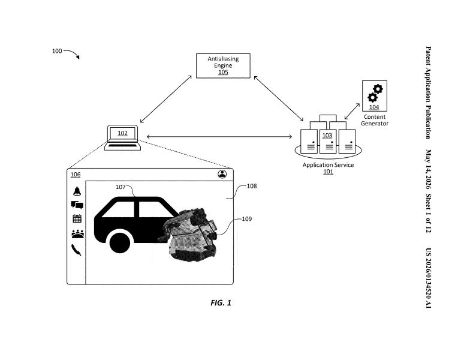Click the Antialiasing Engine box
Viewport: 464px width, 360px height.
click(223, 66)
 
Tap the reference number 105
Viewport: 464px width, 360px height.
click(223, 72)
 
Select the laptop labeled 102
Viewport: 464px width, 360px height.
click(122, 137)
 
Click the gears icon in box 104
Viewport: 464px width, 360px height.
click(375, 93)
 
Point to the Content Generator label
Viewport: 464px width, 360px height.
click(374, 120)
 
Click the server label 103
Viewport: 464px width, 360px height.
click(327, 135)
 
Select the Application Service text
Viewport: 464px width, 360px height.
click(328, 165)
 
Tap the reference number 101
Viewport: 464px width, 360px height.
click(328, 172)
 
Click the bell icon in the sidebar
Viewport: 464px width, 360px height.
click(77, 191)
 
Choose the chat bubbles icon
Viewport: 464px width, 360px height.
click(77, 205)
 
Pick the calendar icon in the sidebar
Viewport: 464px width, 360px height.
click(77, 218)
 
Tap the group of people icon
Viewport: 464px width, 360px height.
click(77, 234)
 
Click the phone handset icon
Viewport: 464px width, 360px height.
click(76, 250)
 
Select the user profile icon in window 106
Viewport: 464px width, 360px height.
click(222, 174)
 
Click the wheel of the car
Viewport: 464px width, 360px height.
click(120, 243)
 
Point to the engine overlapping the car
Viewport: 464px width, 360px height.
click(188, 235)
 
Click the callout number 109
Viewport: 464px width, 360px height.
click(247, 219)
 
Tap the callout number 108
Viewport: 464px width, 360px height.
click(252, 186)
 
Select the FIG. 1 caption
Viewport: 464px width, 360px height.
click(221, 302)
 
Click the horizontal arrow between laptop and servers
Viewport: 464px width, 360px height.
click(219, 136)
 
